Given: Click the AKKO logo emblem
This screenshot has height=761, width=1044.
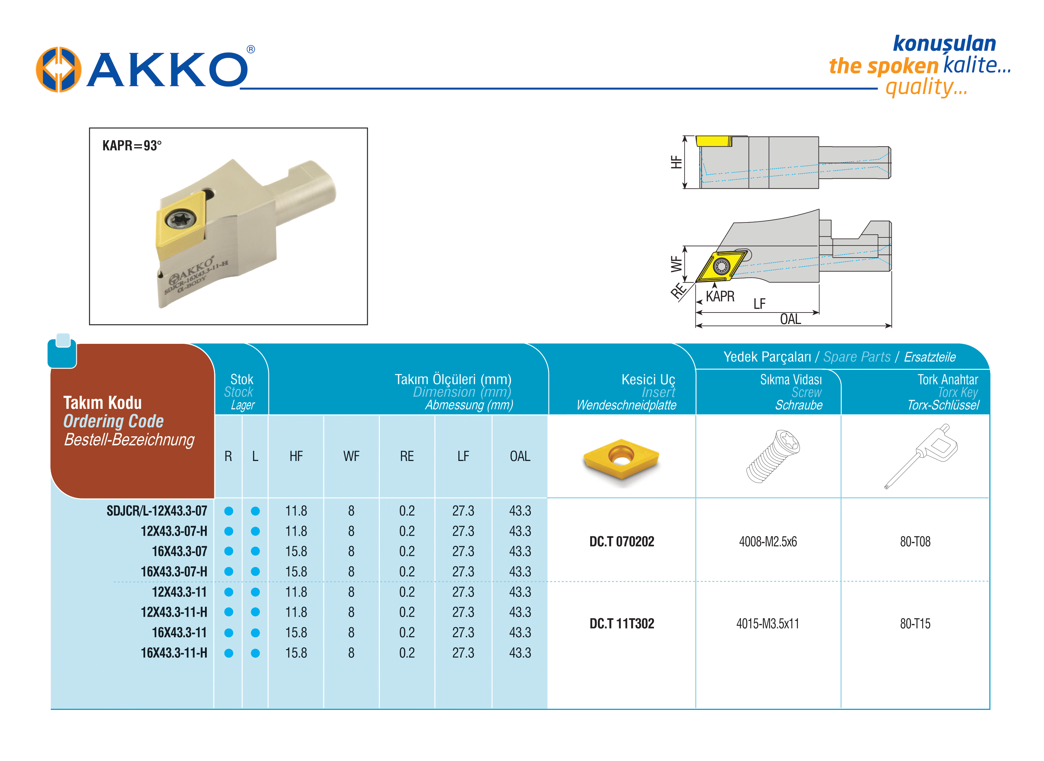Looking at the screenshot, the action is (x=58, y=69).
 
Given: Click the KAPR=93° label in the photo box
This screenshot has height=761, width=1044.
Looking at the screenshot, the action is (x=132, y=146).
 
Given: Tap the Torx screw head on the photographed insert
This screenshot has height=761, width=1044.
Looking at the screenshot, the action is (x=180, y=219).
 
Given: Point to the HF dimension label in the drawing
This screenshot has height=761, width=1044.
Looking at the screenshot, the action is (x=676, y=162).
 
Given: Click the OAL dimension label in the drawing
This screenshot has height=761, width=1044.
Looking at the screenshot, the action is (x=790, y=319).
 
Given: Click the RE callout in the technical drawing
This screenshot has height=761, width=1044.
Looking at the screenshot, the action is (x=678, y=291).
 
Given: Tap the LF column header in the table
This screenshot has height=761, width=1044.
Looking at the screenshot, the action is (x=463, y=456).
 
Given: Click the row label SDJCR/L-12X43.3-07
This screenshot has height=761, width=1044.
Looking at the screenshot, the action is (x=157, y=511).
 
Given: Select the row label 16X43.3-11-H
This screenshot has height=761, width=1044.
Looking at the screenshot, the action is (x=174, y=653).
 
